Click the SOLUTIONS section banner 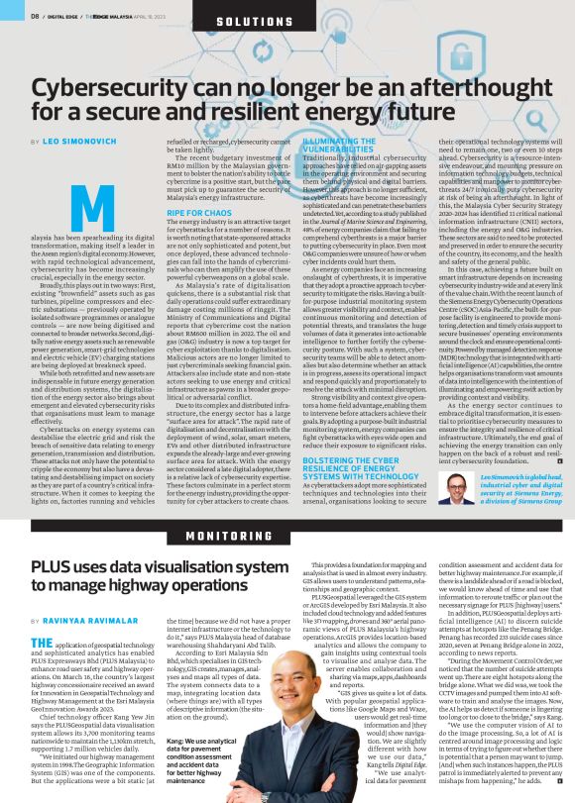pos(287,21)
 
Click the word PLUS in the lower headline pos(51,566)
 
